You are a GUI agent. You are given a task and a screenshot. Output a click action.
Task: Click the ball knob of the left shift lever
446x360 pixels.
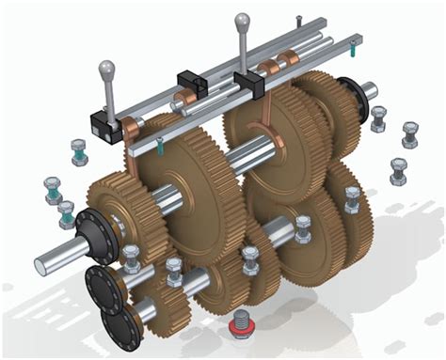click(x=106, y=69)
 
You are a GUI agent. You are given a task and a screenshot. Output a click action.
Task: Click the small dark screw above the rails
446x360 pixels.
click(x=298, y=21)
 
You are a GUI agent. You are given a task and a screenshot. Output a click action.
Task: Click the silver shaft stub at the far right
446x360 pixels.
click(x=368, y=91)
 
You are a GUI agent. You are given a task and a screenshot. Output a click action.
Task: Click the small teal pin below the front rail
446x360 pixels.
click(x=161, y=144)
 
